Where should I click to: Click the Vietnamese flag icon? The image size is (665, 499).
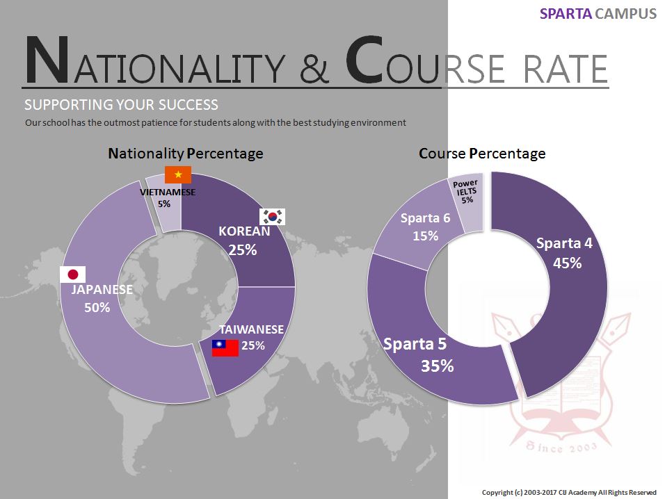pos(178,174)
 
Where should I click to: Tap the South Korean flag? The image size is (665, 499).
pos(272,216)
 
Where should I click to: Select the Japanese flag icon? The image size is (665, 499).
pos(73,275)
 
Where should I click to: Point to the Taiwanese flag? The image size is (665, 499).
pos(225,347)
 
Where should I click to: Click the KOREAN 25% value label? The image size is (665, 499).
pos(243,250)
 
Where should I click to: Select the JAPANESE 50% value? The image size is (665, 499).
pos(97,307)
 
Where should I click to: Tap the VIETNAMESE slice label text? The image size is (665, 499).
pos(168,192)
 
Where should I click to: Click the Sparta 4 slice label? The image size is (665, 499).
pos(564,243)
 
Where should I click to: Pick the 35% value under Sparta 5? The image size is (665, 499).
pos(438,366)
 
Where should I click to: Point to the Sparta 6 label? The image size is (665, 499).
pos(426,218)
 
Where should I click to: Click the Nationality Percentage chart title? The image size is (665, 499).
pos(186,154)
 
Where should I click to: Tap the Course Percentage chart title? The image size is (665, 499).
pos(482,154)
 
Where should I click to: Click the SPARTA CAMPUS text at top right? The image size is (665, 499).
pos(598,14)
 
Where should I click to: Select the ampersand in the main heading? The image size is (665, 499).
pos(314,68)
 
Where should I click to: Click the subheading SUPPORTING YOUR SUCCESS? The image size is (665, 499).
pos(121,105)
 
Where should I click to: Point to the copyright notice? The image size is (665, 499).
pos(569,492)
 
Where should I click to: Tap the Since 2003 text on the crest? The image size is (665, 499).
pos(561,447)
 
